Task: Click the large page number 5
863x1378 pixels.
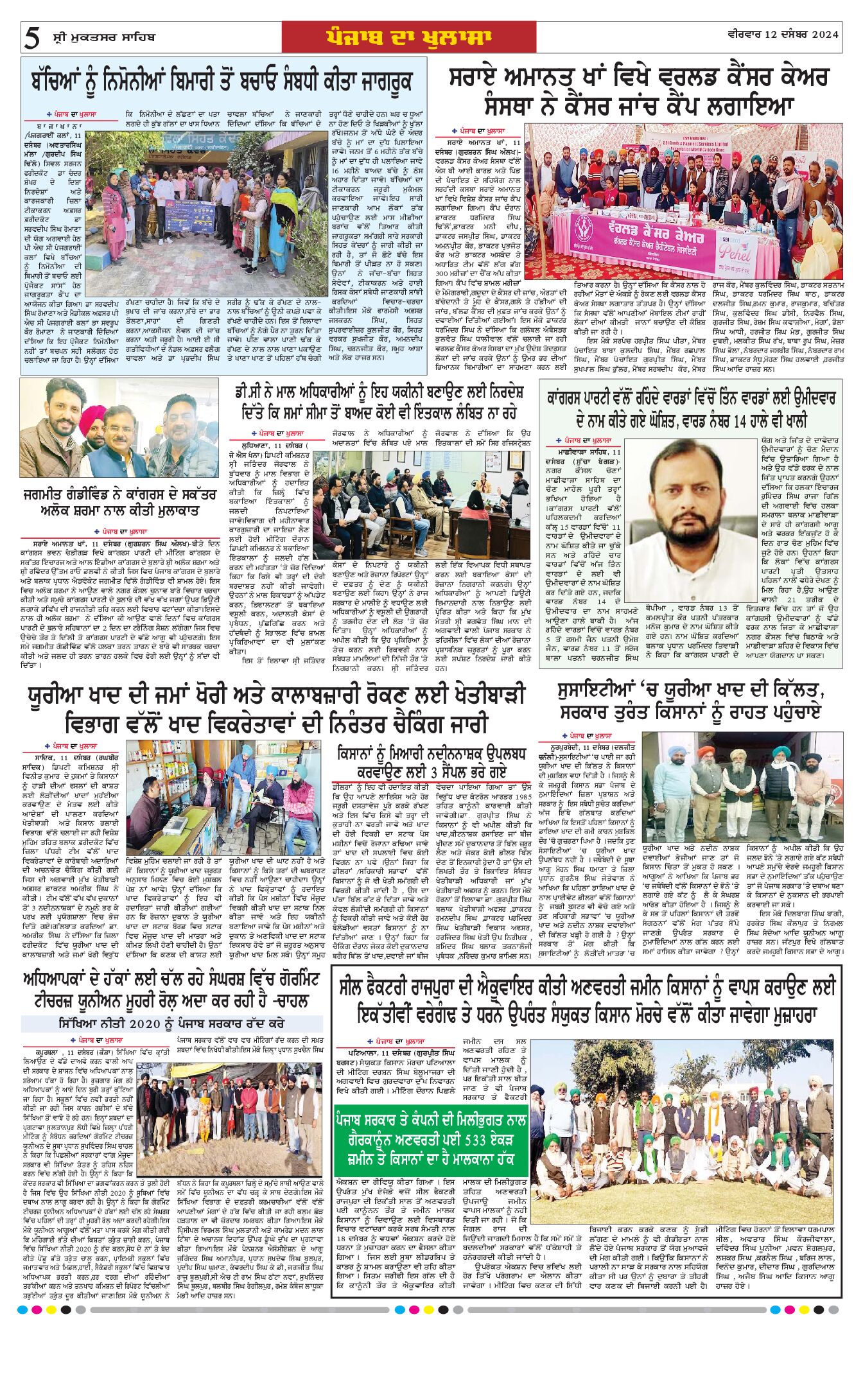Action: click(x=31, y=39)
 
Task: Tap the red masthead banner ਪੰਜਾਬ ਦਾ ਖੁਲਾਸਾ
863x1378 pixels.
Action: click(x=408, y=37)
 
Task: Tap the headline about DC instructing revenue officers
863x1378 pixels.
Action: click(x=379, y=401)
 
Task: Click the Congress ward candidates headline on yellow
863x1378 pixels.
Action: click(x=690, y=409)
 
